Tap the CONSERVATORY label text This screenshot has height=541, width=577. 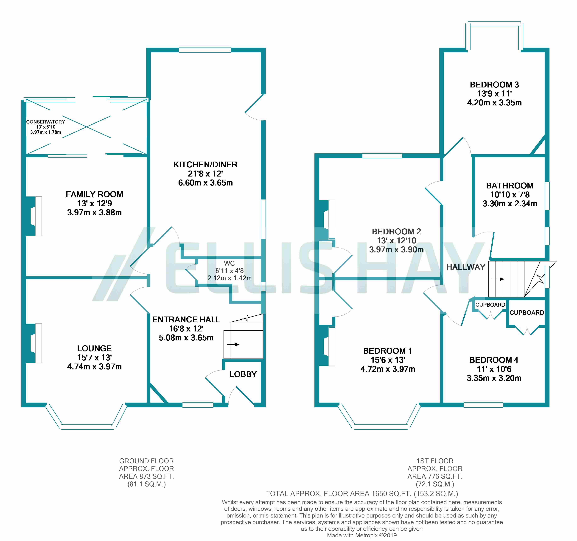(x=46, y=122)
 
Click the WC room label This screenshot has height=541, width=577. (x=229, y=263)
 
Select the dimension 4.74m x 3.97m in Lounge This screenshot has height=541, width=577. (x=94, y=367)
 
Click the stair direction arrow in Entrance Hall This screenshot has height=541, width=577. (x=233, y=345)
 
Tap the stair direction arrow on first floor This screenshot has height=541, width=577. (x=498, y=279)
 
